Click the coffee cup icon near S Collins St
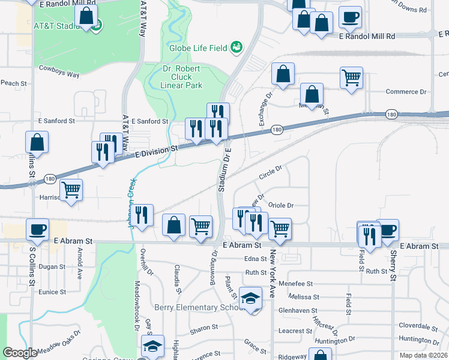click(x=38, y=229)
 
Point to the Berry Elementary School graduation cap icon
click(x=250, y=298)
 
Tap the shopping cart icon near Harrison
click(x=71, y=190)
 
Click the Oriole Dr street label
click(x=280, y=205)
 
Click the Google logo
click(x=20, y=353)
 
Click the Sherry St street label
click(x=392, y=266)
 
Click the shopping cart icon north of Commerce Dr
click(x=351, y=77)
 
